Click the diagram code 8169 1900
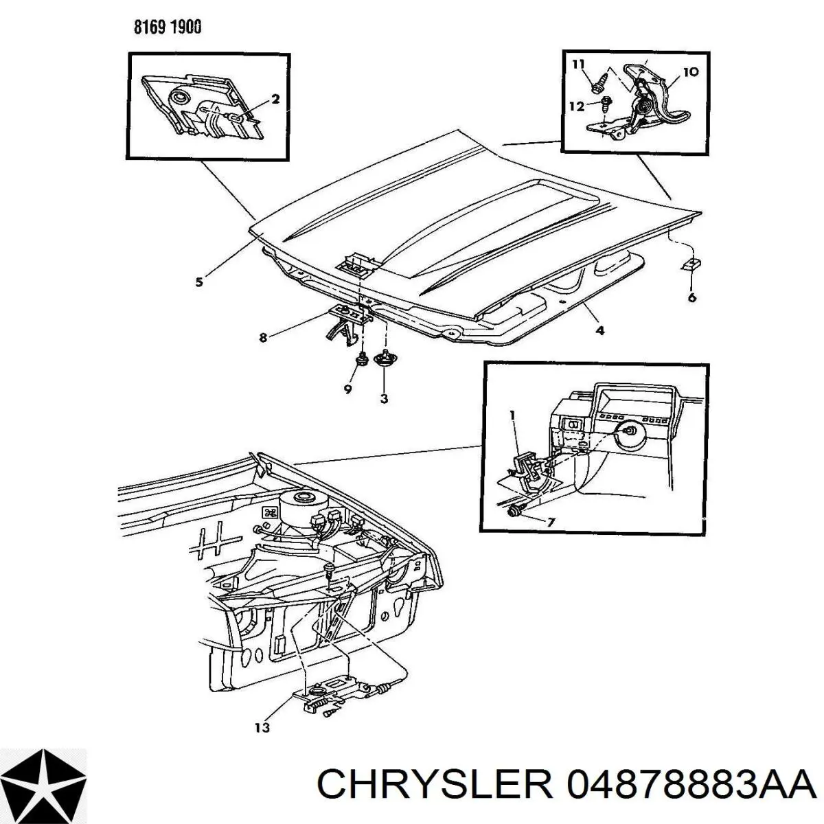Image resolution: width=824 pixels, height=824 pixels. pos(167,27)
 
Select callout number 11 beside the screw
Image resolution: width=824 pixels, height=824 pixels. pos(578,65)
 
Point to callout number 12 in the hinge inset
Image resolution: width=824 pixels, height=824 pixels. pos(577,106)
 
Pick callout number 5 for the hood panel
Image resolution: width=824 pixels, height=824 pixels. pos(199,282)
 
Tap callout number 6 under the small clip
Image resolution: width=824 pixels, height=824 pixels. pos(692,297)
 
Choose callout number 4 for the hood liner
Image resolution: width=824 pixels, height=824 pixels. pos(600,330)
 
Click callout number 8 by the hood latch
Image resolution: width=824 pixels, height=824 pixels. pos(263,338)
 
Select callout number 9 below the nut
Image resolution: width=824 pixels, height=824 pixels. pos(347,389)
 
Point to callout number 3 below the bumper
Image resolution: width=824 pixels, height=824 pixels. pos(384,399)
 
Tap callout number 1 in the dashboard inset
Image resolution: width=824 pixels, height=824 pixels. pos(513,415)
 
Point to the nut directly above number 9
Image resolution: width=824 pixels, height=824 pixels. pos(362,360)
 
